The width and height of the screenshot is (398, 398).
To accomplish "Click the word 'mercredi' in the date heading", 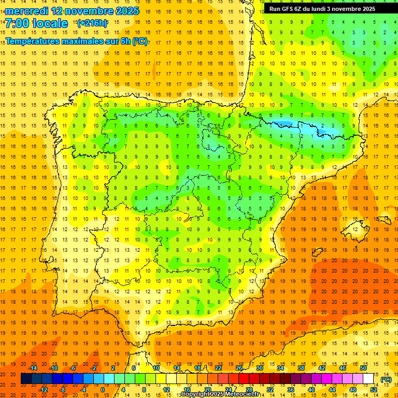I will point(27,10).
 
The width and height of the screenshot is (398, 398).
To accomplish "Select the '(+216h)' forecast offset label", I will point(92,23).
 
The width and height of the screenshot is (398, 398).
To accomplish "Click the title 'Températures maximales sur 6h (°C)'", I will point(76,41).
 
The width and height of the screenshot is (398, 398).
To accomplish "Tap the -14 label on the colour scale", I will point(33,367).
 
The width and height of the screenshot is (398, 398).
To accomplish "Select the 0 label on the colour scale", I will point(103,390).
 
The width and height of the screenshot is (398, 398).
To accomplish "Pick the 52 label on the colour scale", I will point(374,390).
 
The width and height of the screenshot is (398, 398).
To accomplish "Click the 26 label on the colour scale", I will point(239,367).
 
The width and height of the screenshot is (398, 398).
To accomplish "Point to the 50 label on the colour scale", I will point(363,367).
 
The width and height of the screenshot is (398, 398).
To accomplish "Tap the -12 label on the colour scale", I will point(44,390).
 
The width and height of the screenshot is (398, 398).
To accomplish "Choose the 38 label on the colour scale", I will point(301,367).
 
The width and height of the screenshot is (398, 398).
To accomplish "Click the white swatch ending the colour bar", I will point(368,378).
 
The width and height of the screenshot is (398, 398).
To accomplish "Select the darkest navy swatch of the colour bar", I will point(26,378).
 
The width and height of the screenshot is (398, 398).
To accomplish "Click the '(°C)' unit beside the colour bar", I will point(386,379).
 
